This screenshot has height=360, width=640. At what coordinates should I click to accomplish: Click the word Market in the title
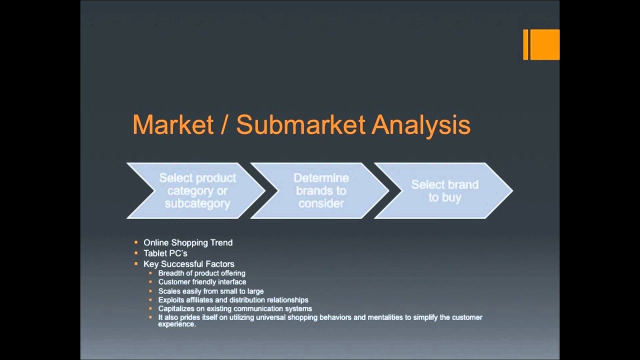click(173, 125)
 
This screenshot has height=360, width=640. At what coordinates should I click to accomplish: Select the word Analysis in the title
click(420, 125)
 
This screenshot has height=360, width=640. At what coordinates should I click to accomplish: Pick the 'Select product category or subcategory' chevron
click(197, 190)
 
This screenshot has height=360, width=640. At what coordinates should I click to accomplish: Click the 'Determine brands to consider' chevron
click(321, 190)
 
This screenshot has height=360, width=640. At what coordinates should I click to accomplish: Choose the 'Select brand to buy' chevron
click(444, 190)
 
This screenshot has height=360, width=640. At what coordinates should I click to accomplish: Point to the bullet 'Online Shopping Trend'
click(188, 242)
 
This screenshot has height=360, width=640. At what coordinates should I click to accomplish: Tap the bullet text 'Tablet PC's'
click(165, 253)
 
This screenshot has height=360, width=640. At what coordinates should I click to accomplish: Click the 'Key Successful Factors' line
click(188, 264)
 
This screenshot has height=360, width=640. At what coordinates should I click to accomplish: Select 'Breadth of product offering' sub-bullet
click(201, 273)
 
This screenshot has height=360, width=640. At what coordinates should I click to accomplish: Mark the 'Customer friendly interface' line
click(202, 282)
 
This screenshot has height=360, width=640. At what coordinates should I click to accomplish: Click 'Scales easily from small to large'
click(210, 291)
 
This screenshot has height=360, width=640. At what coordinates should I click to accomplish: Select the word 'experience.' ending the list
click(177, 324)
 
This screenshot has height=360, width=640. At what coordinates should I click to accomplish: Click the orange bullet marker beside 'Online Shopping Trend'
click(136, 242)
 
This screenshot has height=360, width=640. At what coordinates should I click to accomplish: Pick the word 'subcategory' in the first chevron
click(197, 203)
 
